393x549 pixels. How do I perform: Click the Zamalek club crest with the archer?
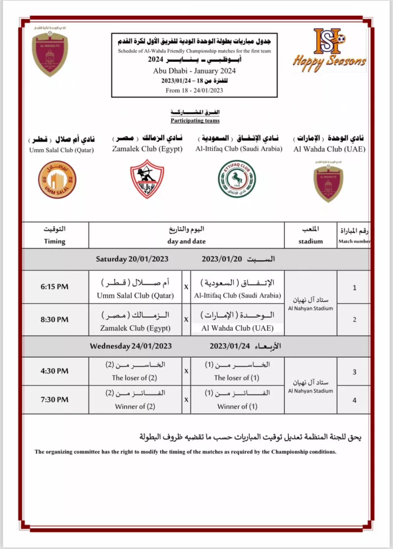pos(147,179)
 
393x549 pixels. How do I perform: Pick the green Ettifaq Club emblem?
pos(237,179)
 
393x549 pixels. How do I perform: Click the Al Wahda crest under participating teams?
pos(328,181)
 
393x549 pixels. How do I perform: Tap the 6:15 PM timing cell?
pos(55,287)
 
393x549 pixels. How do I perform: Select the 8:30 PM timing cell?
pos(55,319)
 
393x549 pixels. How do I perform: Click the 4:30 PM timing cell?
pos(55,371)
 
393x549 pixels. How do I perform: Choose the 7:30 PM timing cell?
pos(55,400)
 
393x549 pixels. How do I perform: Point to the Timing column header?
pos(55,235)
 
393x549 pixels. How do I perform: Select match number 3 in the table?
pos(354,372)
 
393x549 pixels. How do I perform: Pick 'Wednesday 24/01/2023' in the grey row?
pos(131,346)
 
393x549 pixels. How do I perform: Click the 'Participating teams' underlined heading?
pos(195,120)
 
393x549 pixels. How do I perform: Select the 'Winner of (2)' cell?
pos(135,406)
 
